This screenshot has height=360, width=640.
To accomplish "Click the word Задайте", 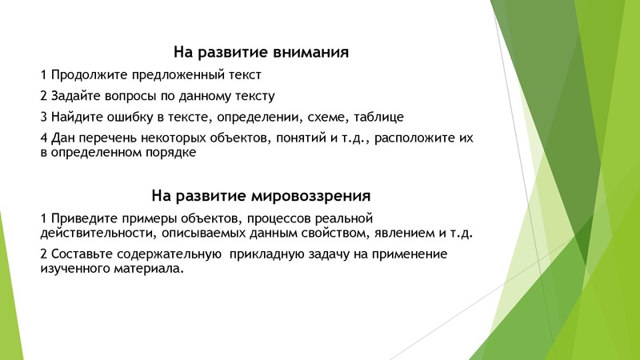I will click(x=75, y=96).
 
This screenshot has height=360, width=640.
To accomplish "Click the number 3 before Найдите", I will click(x=43, y=117).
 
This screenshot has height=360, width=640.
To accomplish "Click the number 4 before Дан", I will click(x=43, y=138).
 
